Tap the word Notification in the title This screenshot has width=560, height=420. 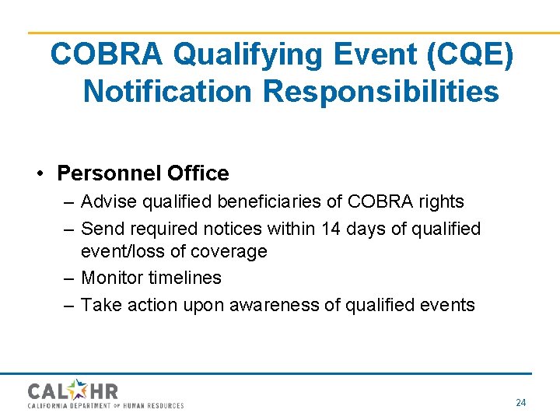point(168,91)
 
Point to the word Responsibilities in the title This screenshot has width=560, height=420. point(381,91)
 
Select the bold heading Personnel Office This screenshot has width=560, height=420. point(143,173)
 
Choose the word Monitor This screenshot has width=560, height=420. point(113,278)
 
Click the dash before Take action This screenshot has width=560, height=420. point(68,305)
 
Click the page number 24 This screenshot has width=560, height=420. point(520,403)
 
